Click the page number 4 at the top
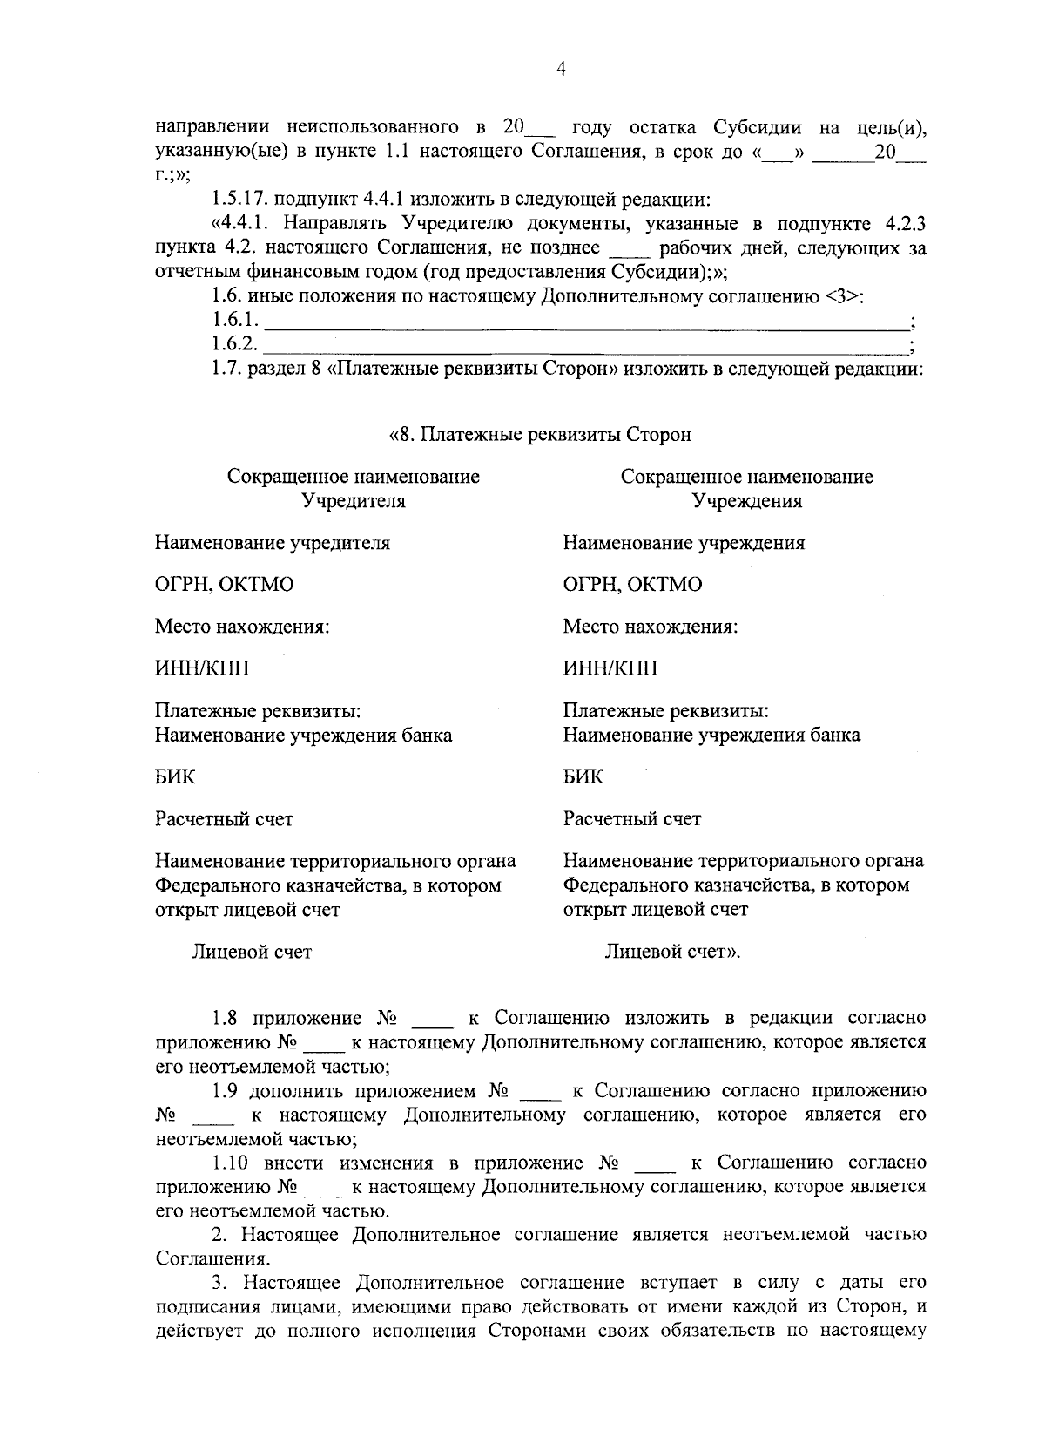561,70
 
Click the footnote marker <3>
842,297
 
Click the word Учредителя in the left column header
353,501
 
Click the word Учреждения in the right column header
746,501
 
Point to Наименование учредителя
273,543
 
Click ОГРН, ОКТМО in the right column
631,585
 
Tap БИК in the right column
583,776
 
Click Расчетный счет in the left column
224,819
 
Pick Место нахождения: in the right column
650,627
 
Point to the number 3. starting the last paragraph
219,1283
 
